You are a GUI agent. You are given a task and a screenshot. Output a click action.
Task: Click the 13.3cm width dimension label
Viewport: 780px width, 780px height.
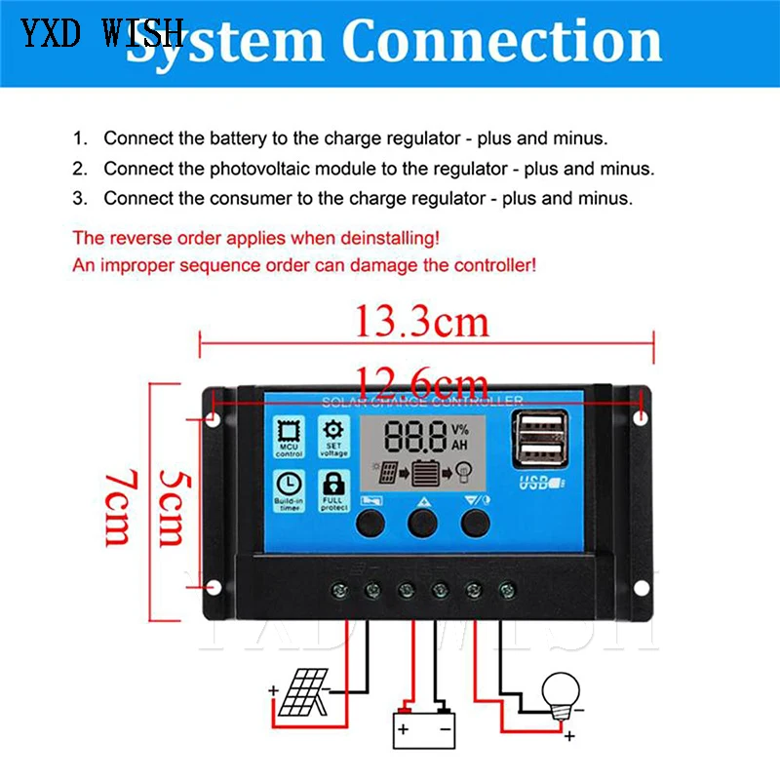421,319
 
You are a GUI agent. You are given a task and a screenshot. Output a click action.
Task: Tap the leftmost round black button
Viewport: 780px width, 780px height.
370,524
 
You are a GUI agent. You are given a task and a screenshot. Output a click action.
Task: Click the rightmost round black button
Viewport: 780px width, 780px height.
476,524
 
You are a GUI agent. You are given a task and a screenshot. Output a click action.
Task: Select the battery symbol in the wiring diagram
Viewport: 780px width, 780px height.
422,726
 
